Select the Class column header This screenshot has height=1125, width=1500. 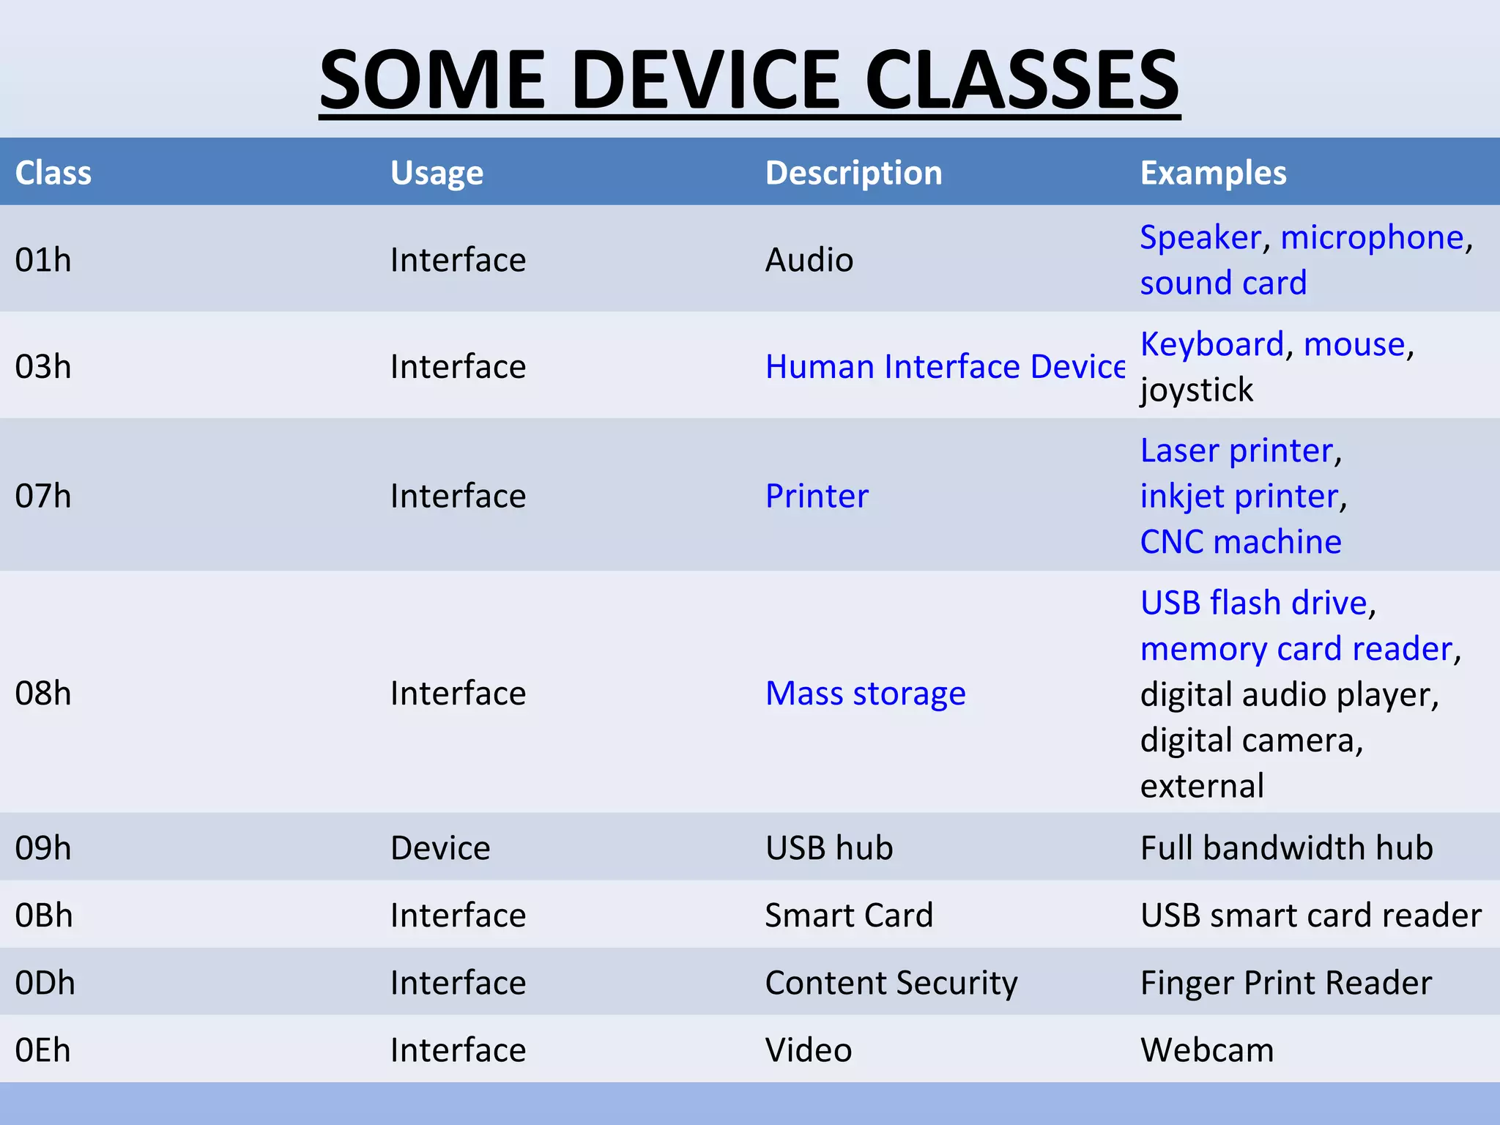pyautogui.click(x=53, y=173)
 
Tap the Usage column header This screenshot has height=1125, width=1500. pyautogui.click(x=437, y=173)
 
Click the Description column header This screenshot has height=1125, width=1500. pyautogui.click(x=853, y=173)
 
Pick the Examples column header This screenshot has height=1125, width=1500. pyautogui.click(x=1213, y=173)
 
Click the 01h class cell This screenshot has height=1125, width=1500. pyautogui.click(x=43, y=260)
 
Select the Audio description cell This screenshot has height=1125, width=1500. pyautogui.click(x=809, y=260)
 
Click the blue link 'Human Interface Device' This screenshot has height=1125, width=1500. pyautogui.click(x=945, y=366)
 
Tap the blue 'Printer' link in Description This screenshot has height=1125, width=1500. pyautogui.click(x=817, y=496)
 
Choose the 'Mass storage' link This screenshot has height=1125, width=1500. pyautogui.click(x=865, y=693)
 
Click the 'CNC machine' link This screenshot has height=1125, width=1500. pyautogui.click(x=1241, y=542)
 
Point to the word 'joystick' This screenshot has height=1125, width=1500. pyautogui.click(x=1197, y=390)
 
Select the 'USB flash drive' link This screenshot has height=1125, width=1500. pyautogui.click(x=1254, y=603)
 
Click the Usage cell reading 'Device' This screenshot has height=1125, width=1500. pyautogui.click(x=440, y=847)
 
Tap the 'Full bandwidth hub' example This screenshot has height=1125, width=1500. pyautogui.click(x=1286, y=847)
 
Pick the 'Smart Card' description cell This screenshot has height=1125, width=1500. pyautogui.click(x=849, y=915)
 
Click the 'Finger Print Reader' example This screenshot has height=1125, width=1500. pyautogui.click(x=1285, y=982)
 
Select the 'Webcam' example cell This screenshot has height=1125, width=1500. pyautogui.click(x=1207, y=1050)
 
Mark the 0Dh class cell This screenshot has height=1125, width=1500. pyautogui.click(x=45, y=982)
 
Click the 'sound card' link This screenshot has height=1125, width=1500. pyautogui.click(x=1223, y=283)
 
